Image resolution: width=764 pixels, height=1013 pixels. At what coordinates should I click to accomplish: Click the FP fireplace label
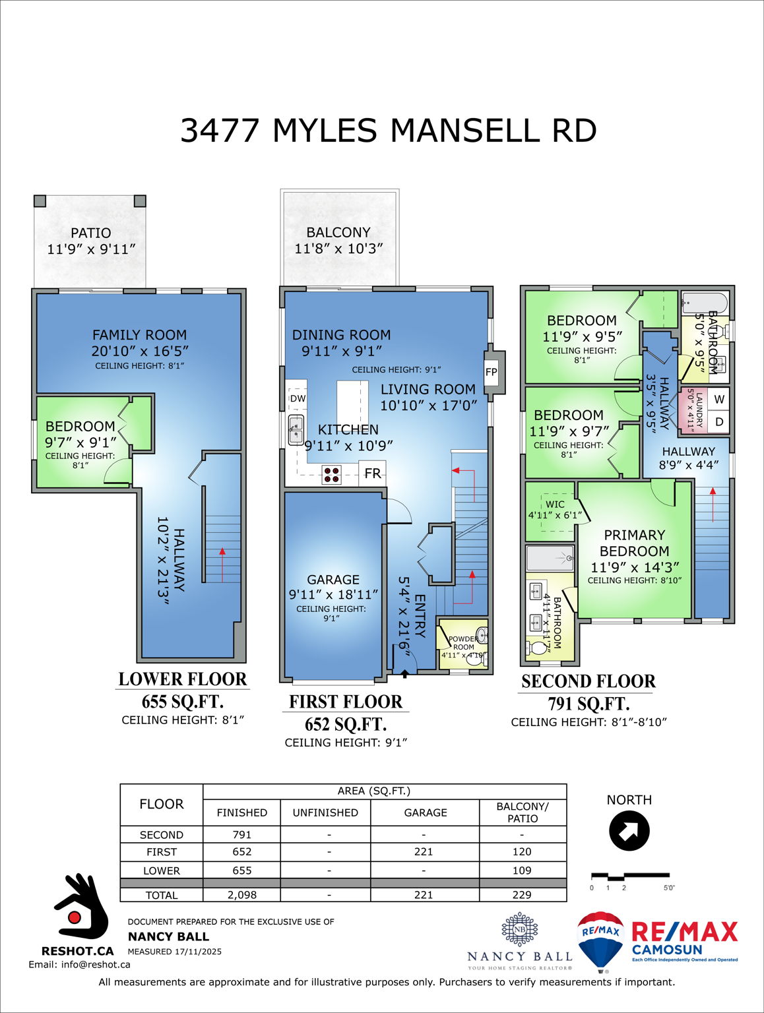tap(491, 372)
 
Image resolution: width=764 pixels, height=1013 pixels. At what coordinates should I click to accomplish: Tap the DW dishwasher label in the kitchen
tap(298, 398)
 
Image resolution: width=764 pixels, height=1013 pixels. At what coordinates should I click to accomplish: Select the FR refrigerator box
tap(373, 473)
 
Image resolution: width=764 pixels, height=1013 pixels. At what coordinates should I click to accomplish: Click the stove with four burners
tap(331, 474)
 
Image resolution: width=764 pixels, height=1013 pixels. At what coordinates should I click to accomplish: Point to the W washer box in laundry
tap(719, 399)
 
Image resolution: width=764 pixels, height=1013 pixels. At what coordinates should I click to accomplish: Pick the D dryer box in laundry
tap(719, 421)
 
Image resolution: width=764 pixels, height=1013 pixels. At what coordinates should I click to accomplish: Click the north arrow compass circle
tap(629, 831)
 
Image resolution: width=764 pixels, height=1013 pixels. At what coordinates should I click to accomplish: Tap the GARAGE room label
tap(333, 580)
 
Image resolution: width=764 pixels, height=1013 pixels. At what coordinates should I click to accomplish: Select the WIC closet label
tap(555, 505)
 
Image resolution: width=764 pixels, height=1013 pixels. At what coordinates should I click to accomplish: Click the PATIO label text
tap(91, 233)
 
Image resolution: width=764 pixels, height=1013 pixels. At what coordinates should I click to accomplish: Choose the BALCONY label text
tap(338, 233)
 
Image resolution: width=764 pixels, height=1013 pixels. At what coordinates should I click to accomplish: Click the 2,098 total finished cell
tap(242, 895)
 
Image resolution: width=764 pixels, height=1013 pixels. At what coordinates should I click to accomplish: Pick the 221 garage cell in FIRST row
tap(424, 852)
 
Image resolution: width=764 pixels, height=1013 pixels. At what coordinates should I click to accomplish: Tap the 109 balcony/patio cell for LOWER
tap(522, 871)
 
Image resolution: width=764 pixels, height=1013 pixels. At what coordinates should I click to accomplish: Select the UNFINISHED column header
tap(325, 813)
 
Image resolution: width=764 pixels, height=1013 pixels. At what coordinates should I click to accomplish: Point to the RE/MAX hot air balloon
tap(600, 940)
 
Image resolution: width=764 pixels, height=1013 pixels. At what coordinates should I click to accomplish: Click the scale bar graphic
tap(630, 876)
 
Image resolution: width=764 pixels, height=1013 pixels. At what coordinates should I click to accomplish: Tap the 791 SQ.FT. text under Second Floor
tap(589, 704)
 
